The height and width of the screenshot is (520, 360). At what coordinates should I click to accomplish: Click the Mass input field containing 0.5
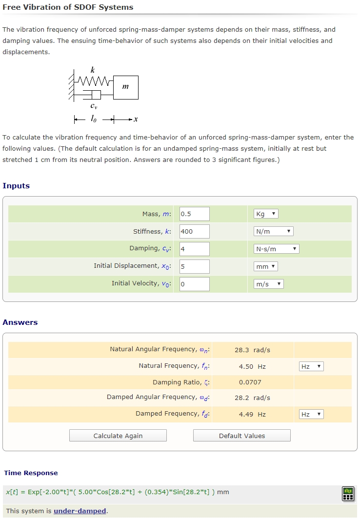194,214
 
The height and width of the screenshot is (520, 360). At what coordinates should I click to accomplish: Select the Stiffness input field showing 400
194,231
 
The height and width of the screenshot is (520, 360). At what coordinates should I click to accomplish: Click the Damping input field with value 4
194,249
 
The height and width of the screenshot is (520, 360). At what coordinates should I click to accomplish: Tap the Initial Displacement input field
194,266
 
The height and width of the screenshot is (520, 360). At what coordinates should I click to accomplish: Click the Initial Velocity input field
194,284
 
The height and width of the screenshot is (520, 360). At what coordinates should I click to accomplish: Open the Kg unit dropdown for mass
266,214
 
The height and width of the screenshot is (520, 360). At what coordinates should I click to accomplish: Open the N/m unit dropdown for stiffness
273,231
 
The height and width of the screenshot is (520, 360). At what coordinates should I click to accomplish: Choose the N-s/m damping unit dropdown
276,249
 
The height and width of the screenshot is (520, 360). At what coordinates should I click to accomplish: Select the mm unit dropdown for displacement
266,266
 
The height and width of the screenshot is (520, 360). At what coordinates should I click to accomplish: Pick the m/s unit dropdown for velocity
269,284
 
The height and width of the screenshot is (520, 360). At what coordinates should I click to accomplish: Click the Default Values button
242,436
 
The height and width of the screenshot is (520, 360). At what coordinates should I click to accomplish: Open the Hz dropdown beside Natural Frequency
311,366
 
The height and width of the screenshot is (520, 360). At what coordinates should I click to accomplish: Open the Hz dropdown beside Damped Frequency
311,414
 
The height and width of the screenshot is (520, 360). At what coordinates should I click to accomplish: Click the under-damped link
80,511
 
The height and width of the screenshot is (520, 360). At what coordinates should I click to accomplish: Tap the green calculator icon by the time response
348,494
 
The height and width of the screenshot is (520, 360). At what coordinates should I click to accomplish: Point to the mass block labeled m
126,87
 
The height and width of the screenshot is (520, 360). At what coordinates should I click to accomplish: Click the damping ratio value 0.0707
250,382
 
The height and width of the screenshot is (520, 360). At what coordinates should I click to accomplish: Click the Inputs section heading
16,186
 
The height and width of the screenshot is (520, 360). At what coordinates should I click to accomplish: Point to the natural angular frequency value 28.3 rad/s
252,350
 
